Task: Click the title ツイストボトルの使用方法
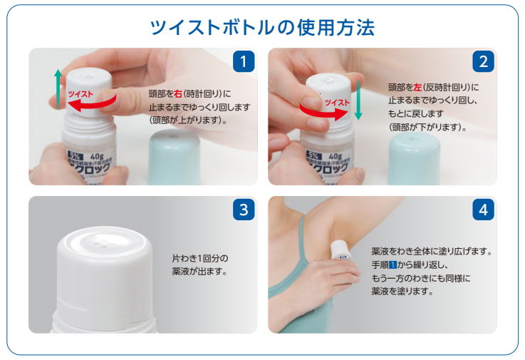262,27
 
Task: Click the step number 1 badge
244,62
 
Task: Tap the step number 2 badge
484,62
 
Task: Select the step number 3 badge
244,210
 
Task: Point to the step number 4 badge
484,210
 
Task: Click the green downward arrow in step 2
358,99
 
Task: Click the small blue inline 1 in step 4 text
390,265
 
